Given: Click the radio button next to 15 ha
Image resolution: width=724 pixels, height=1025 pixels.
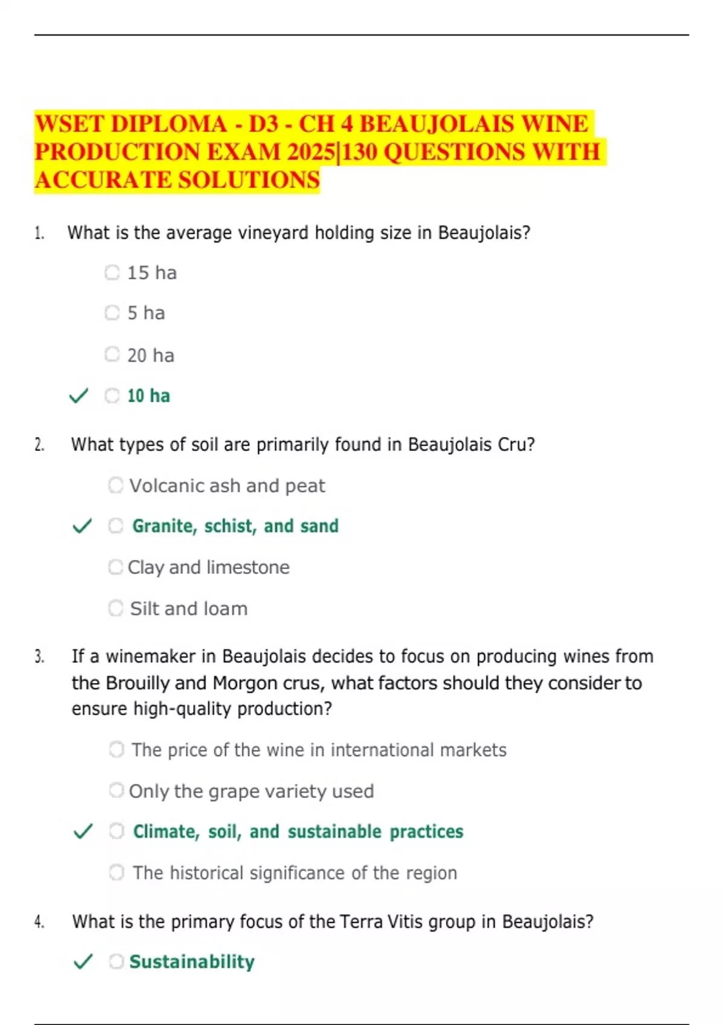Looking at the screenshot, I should (x=112, y=273).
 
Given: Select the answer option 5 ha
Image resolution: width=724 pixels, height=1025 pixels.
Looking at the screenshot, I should (x=146, y=313).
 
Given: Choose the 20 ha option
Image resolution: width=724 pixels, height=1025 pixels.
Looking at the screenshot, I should (x=150, y=355).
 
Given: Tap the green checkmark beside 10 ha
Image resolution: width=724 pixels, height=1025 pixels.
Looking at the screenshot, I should (x=79, y=396).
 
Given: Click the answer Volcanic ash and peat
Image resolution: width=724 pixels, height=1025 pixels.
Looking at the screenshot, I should (x=227, y=486).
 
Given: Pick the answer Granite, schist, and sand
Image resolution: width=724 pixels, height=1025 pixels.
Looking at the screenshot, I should (x=235, y=526).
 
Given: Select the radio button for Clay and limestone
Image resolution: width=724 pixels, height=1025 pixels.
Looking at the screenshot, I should (x=115, y=567).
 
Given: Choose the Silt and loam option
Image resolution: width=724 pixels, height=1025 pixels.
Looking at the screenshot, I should (x=188, y=609).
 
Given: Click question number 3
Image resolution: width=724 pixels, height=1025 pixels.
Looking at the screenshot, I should (x=39, y=657).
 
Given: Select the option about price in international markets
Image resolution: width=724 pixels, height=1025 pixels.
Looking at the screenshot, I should (x=319, y=750).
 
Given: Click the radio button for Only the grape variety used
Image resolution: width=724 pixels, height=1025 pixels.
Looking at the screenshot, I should (x=116, y=790).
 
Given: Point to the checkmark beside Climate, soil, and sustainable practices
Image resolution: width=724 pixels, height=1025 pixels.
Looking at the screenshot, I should (x=83, y=832).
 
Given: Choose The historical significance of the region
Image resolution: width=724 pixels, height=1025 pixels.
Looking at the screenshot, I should (x=294, y=873).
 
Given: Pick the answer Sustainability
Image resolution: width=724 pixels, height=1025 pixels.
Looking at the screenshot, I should (x=191, y=962).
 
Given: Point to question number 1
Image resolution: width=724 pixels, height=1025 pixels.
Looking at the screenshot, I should (x=39, y=233).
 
